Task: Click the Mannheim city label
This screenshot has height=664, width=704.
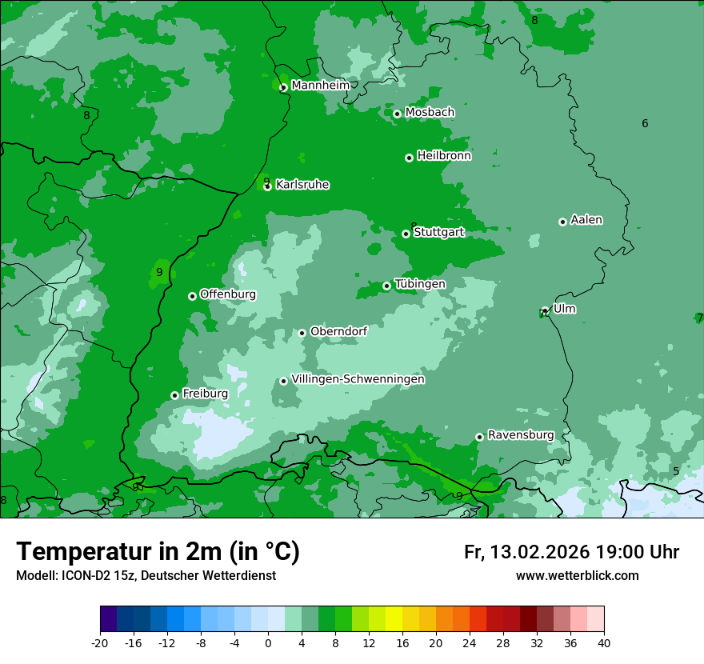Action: click(x=320, y=85)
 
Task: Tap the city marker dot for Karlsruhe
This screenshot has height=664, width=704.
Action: click(x=268, y=186)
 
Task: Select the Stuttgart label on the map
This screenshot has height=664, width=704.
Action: click(x=438, y=232)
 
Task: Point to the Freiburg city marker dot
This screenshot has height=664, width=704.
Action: click(x=175, y=395)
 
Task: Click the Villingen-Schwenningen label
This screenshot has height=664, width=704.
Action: click(x=358, y=379)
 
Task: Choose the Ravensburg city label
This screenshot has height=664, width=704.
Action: click(x=520, y=435)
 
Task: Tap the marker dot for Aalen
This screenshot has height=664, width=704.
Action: click(x=562, y=222)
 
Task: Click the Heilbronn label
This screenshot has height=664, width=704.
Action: click(x=443, y=156)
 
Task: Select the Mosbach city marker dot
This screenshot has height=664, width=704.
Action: click(x=397, y=114)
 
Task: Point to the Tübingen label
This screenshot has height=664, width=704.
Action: click(x=419, y=284)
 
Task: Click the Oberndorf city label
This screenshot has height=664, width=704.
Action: click(x=338, y=331)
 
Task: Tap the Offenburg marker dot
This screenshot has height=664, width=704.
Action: click(x=192, y=296)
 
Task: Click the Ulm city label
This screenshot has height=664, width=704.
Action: click(x=564, y=309)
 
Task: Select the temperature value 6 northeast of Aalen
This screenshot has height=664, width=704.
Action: click(x=645, y=123)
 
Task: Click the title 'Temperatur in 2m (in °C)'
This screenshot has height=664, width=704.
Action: click(x=158, y=552)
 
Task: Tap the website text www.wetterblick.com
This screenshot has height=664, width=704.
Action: click(x=577, y=575)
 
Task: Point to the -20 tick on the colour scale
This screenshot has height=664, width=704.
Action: click(x=100, y=642)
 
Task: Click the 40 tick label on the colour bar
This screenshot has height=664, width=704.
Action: click(x=603, y=642)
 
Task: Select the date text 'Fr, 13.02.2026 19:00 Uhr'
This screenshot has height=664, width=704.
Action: click(x=571, y=552)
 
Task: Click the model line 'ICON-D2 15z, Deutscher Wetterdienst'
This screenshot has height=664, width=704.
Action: click(x=146, y=575)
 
